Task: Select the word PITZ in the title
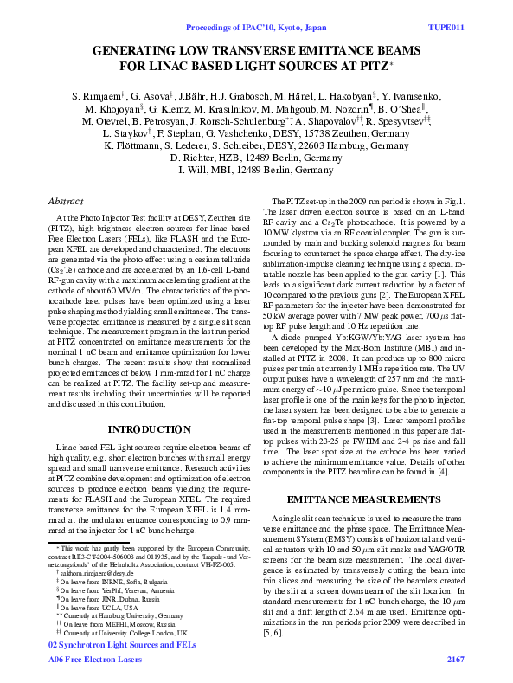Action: click(x=373, y=65)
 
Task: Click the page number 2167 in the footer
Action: click(x=455, y=660)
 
